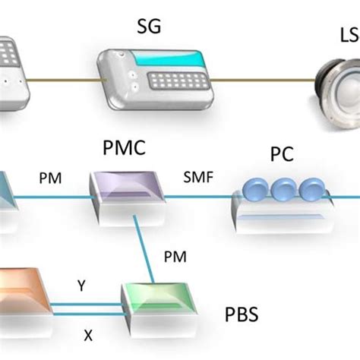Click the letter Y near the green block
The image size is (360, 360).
pos(81,286)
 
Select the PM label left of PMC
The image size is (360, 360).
pos(49,179)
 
